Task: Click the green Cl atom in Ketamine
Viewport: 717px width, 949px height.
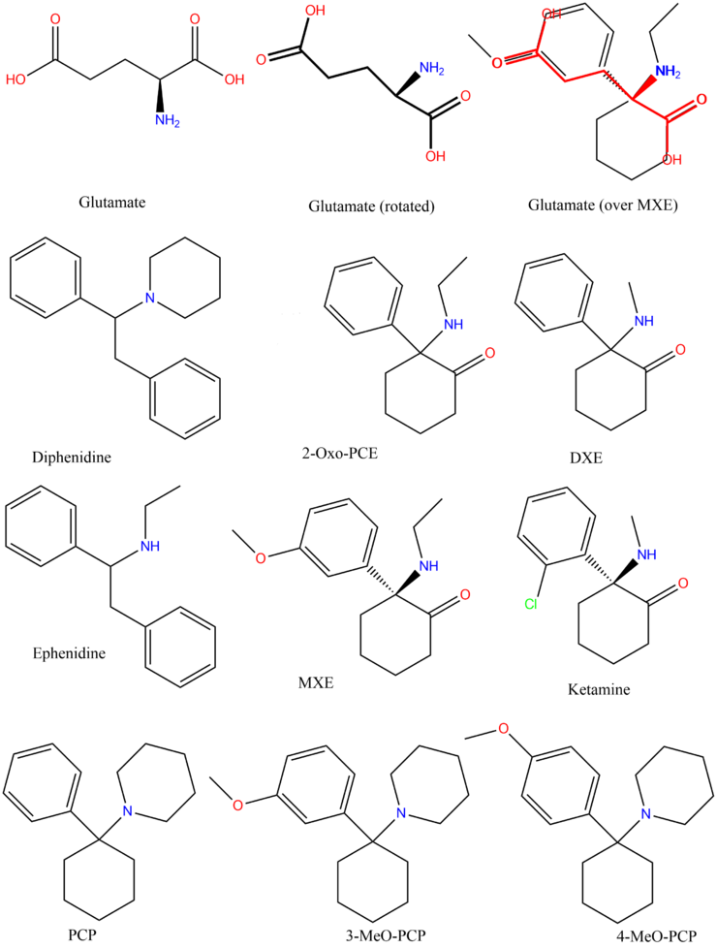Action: point(531,606)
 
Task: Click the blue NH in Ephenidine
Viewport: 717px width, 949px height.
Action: point(151,547)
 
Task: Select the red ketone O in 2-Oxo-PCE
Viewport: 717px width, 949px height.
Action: point(489,352)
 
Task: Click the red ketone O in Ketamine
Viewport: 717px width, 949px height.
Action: point(682,585)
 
